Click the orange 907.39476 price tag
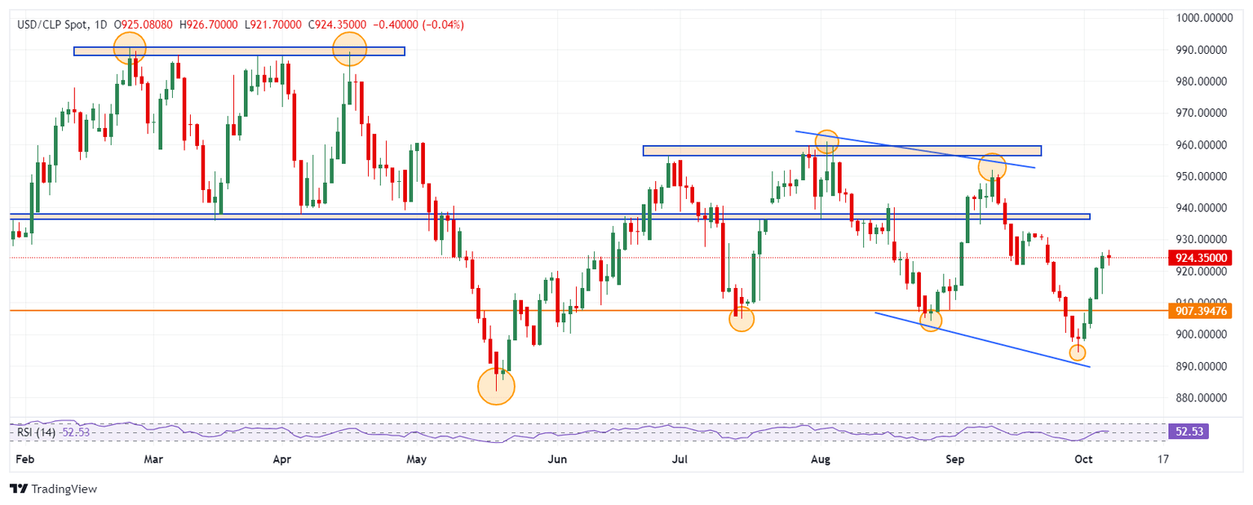coord(1204,311)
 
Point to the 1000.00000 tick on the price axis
coord(1204,18)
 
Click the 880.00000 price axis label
coord(1204,398)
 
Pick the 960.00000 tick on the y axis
coord(1204,145)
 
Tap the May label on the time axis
coord(417,459)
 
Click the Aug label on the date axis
coord(821,459)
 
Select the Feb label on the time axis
coord(24,459)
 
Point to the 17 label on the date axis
coord(1162,459)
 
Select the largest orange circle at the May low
coord(496,386)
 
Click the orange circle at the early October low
coord(1078,352)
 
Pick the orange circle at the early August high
coord(827,140)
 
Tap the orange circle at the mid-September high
coord(992,166)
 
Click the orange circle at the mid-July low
coord(741,319)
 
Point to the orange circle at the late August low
coord(931,321)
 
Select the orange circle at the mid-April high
coord(349,49)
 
